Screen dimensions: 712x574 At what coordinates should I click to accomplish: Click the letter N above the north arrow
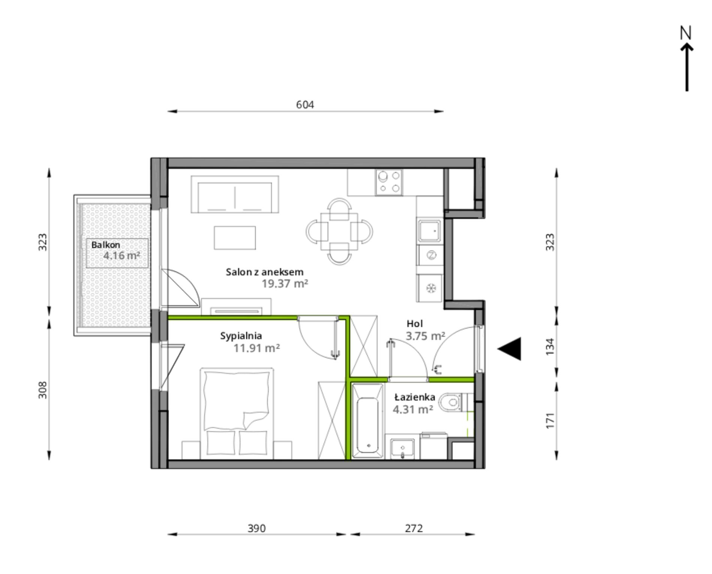[685, 33]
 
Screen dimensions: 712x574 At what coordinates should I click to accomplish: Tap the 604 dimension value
[305, 105]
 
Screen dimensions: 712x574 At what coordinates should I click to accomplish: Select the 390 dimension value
[257, 528]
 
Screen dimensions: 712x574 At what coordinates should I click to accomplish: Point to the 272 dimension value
[414, 528]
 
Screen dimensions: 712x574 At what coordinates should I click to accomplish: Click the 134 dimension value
[550, 347]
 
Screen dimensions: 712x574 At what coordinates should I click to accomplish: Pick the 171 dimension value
[550, 421]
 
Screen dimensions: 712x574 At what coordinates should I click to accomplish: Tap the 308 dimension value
[43, 390]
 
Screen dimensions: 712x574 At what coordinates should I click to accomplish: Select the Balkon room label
[106, 245]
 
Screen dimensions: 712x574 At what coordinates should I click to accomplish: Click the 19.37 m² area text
[285, 284]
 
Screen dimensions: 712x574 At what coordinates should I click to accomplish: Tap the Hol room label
[414, 323]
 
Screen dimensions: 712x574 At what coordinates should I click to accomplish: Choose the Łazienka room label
[414, 397]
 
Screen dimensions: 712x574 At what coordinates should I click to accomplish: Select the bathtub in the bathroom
[368, 421]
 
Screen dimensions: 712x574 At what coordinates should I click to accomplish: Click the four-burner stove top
[389, 182]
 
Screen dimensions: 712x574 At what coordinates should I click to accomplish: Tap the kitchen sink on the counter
[430, 230]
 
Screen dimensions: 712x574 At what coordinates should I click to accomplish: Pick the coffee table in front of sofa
[235, 237]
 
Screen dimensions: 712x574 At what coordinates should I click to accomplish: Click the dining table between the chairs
[339, 231]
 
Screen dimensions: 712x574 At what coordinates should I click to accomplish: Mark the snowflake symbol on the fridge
[431, 288]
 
